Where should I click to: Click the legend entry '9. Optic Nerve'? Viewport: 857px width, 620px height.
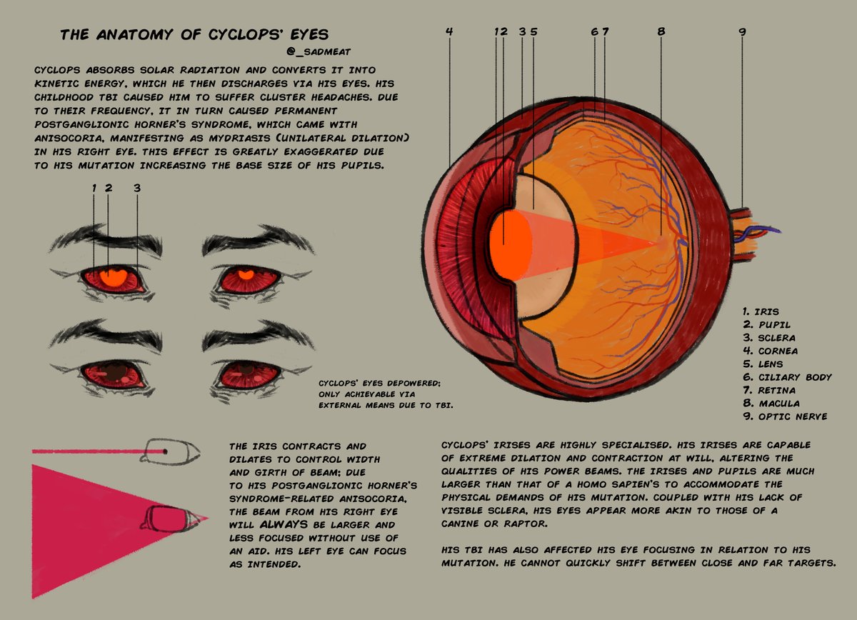click(783, 416)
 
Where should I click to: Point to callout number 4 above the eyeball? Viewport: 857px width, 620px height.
click(448, 31)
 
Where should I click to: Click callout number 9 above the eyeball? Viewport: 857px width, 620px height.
click(742, 31)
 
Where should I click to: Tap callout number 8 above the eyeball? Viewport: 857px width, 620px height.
click(661, 31)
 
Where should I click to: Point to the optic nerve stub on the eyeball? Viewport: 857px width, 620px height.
click(748, 232)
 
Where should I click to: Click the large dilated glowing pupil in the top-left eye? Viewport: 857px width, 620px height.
click(111, 276)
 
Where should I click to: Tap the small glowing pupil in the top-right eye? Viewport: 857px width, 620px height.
click(246, 274)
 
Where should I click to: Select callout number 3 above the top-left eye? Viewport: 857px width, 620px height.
click(136, 188)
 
